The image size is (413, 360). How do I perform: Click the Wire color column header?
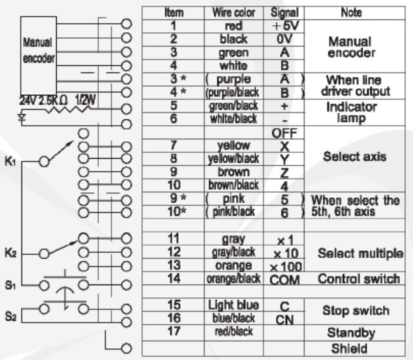pyautogui.click(x=233, y=13)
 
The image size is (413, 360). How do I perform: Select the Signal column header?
pyautogui.click(x=284, y=13)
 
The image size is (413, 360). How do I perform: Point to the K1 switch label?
pyautogui.click(x=9, y=159)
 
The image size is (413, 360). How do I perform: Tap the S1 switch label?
pyautogui.click(x=9, y=284)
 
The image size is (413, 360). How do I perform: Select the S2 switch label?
pyautogui.click(x=9, y=315)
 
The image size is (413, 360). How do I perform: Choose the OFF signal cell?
pyautogui.click(x=284, y=134)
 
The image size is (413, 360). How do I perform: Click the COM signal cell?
pyautogui.click(x=284, y=280)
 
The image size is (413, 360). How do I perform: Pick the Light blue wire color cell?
pyautogui.click(x=233, y=304)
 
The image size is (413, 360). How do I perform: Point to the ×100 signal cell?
pyautogui.click(x=284, y=267)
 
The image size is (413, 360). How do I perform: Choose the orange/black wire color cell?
pyautogui.click(x=233, y=279)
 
